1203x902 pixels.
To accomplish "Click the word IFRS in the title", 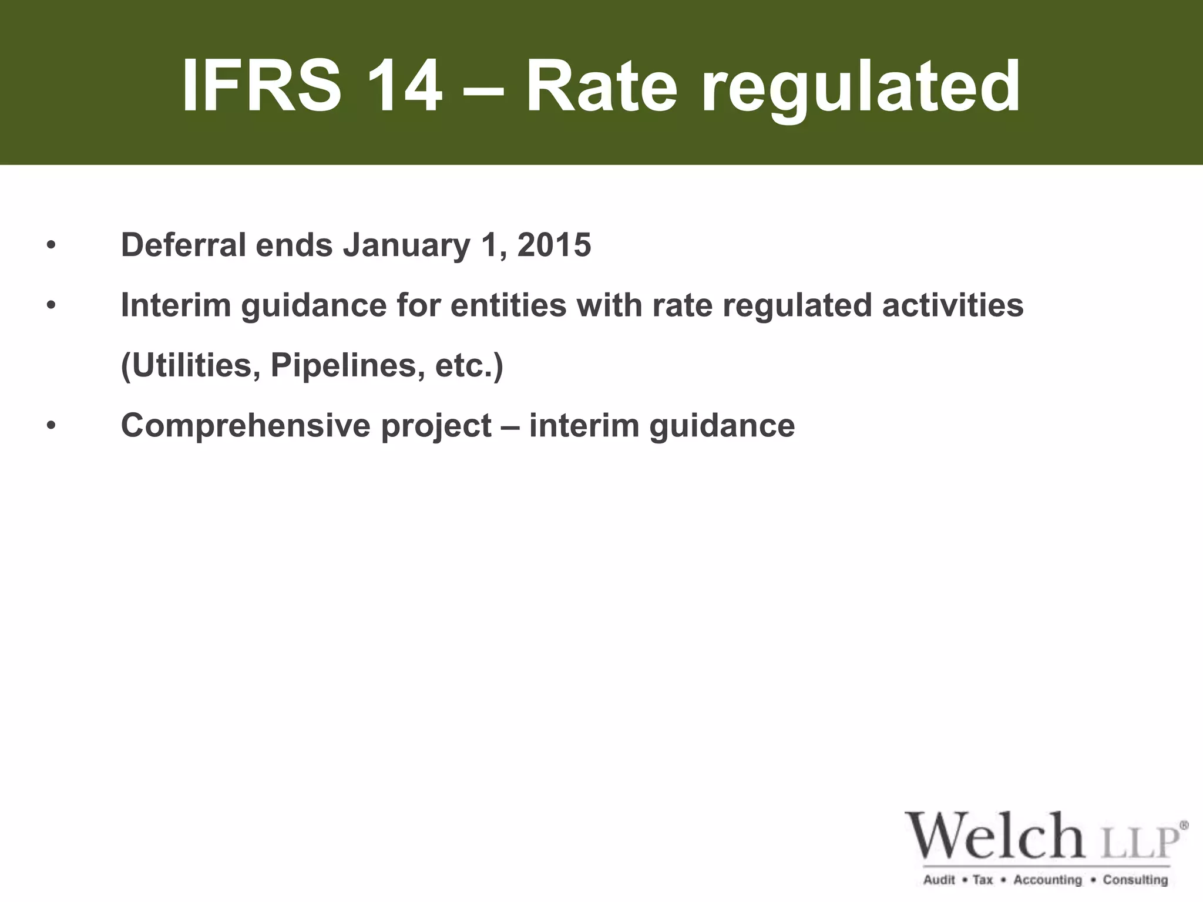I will click(x=261, y=86).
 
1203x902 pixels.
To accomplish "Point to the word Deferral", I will click(x=183, y=245).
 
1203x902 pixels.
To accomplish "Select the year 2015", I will click(x=554, y=245).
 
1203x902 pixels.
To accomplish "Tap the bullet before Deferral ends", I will click(x=52, y=245).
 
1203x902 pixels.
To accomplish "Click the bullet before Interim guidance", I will click(x=52, y=305).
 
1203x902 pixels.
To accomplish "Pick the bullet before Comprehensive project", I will click(x=52, y=426).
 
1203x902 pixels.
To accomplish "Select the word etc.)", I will click(x=469, y=366).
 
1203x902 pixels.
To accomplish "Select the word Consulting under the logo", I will click(x=1135, y=880).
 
